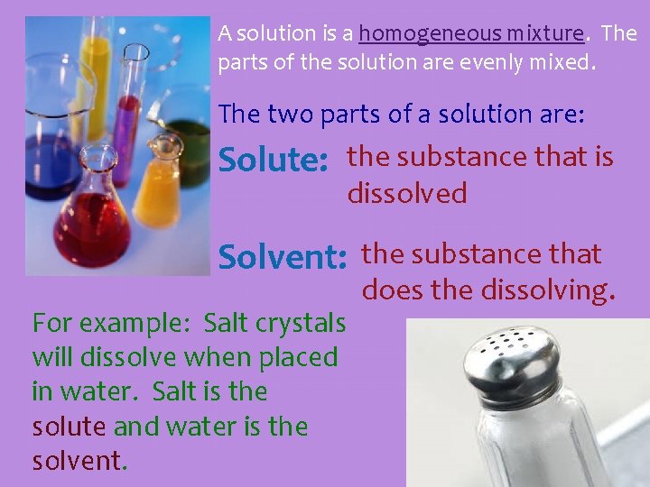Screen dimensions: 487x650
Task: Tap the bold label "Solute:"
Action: [x=274, y=161]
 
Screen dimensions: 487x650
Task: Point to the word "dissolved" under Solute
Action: [x=407, y=193]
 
